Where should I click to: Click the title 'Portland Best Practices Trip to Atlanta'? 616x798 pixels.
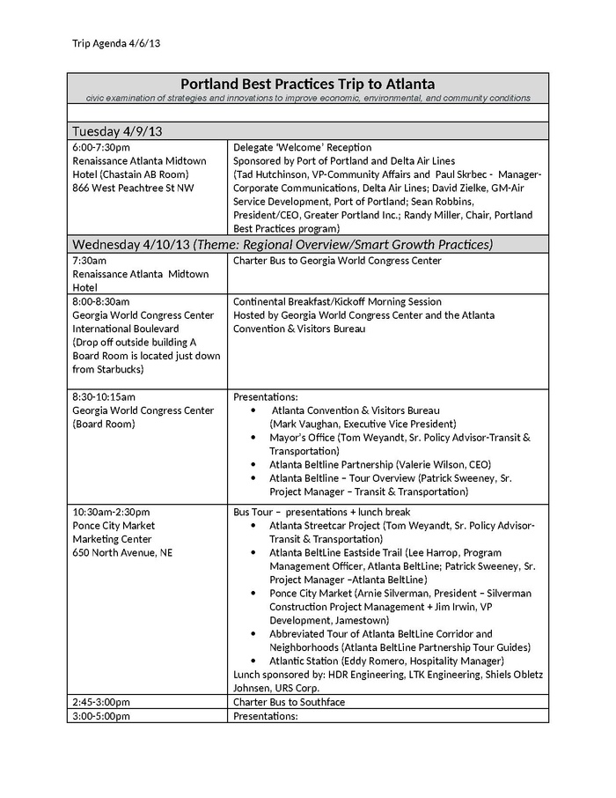click(x=307, y=84)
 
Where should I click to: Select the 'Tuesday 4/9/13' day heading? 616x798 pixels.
click(x=117, y=131)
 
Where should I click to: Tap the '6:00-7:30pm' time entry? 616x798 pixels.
click(x=101, y=147)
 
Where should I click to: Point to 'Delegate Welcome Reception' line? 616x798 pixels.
click(x=302, y=147)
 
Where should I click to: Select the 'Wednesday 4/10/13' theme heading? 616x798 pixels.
click(x=282, y=244)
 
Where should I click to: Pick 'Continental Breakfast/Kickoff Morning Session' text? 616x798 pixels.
click(x=337, y=301)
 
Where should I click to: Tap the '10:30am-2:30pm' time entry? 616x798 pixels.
click(x=111, y=512)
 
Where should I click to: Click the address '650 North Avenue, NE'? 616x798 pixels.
click(x=122, y=552)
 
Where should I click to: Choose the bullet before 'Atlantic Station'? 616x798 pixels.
click(x=253, y=661)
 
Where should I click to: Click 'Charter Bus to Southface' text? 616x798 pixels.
click(x=289, y=702)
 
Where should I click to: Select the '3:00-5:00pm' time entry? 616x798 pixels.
click(x=101, y=715)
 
